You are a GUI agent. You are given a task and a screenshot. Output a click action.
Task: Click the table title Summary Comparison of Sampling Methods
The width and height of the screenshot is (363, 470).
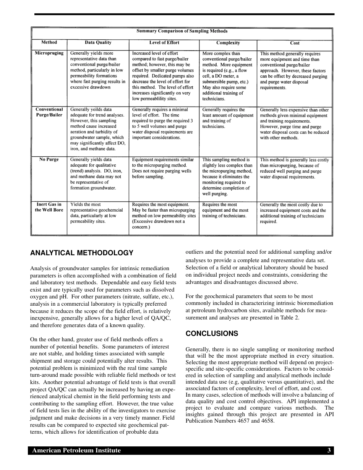[182, 31]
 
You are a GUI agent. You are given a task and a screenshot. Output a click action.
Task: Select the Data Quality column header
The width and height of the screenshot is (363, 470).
[98, 43]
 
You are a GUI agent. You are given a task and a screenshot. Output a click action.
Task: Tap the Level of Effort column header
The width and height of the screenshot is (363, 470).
[164, 43]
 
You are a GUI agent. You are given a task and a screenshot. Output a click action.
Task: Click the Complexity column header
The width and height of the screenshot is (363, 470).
[228, 43]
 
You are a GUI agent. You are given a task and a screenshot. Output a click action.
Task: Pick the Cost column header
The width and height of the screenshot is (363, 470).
[295, 43]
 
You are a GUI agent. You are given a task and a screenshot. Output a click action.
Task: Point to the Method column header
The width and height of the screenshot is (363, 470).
[49, 42]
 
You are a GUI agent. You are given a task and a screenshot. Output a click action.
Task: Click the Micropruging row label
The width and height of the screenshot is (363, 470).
[49, 53]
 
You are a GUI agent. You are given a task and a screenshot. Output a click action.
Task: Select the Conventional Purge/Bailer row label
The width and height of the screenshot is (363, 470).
[49, 112]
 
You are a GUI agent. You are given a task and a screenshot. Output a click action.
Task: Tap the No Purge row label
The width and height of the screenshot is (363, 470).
[49, 160]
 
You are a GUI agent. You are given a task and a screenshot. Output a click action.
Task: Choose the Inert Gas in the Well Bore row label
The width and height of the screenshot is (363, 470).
[49, 207]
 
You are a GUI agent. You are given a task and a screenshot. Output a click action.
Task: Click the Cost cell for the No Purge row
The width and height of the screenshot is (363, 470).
[294, 169]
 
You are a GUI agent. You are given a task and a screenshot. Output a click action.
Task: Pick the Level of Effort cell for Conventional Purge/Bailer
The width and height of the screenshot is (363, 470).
[163, 123]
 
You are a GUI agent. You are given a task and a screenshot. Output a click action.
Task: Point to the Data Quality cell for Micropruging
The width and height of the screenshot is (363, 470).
[98, 70]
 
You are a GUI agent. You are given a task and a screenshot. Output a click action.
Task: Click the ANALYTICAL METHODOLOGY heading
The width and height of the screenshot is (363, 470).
[82, 253]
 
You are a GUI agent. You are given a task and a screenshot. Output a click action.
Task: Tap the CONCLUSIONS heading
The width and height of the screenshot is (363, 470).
[212, 334]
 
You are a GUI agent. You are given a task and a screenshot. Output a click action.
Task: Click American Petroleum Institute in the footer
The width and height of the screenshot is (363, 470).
[76, 451]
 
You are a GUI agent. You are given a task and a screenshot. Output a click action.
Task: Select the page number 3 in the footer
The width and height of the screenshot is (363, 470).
[329, 451]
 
